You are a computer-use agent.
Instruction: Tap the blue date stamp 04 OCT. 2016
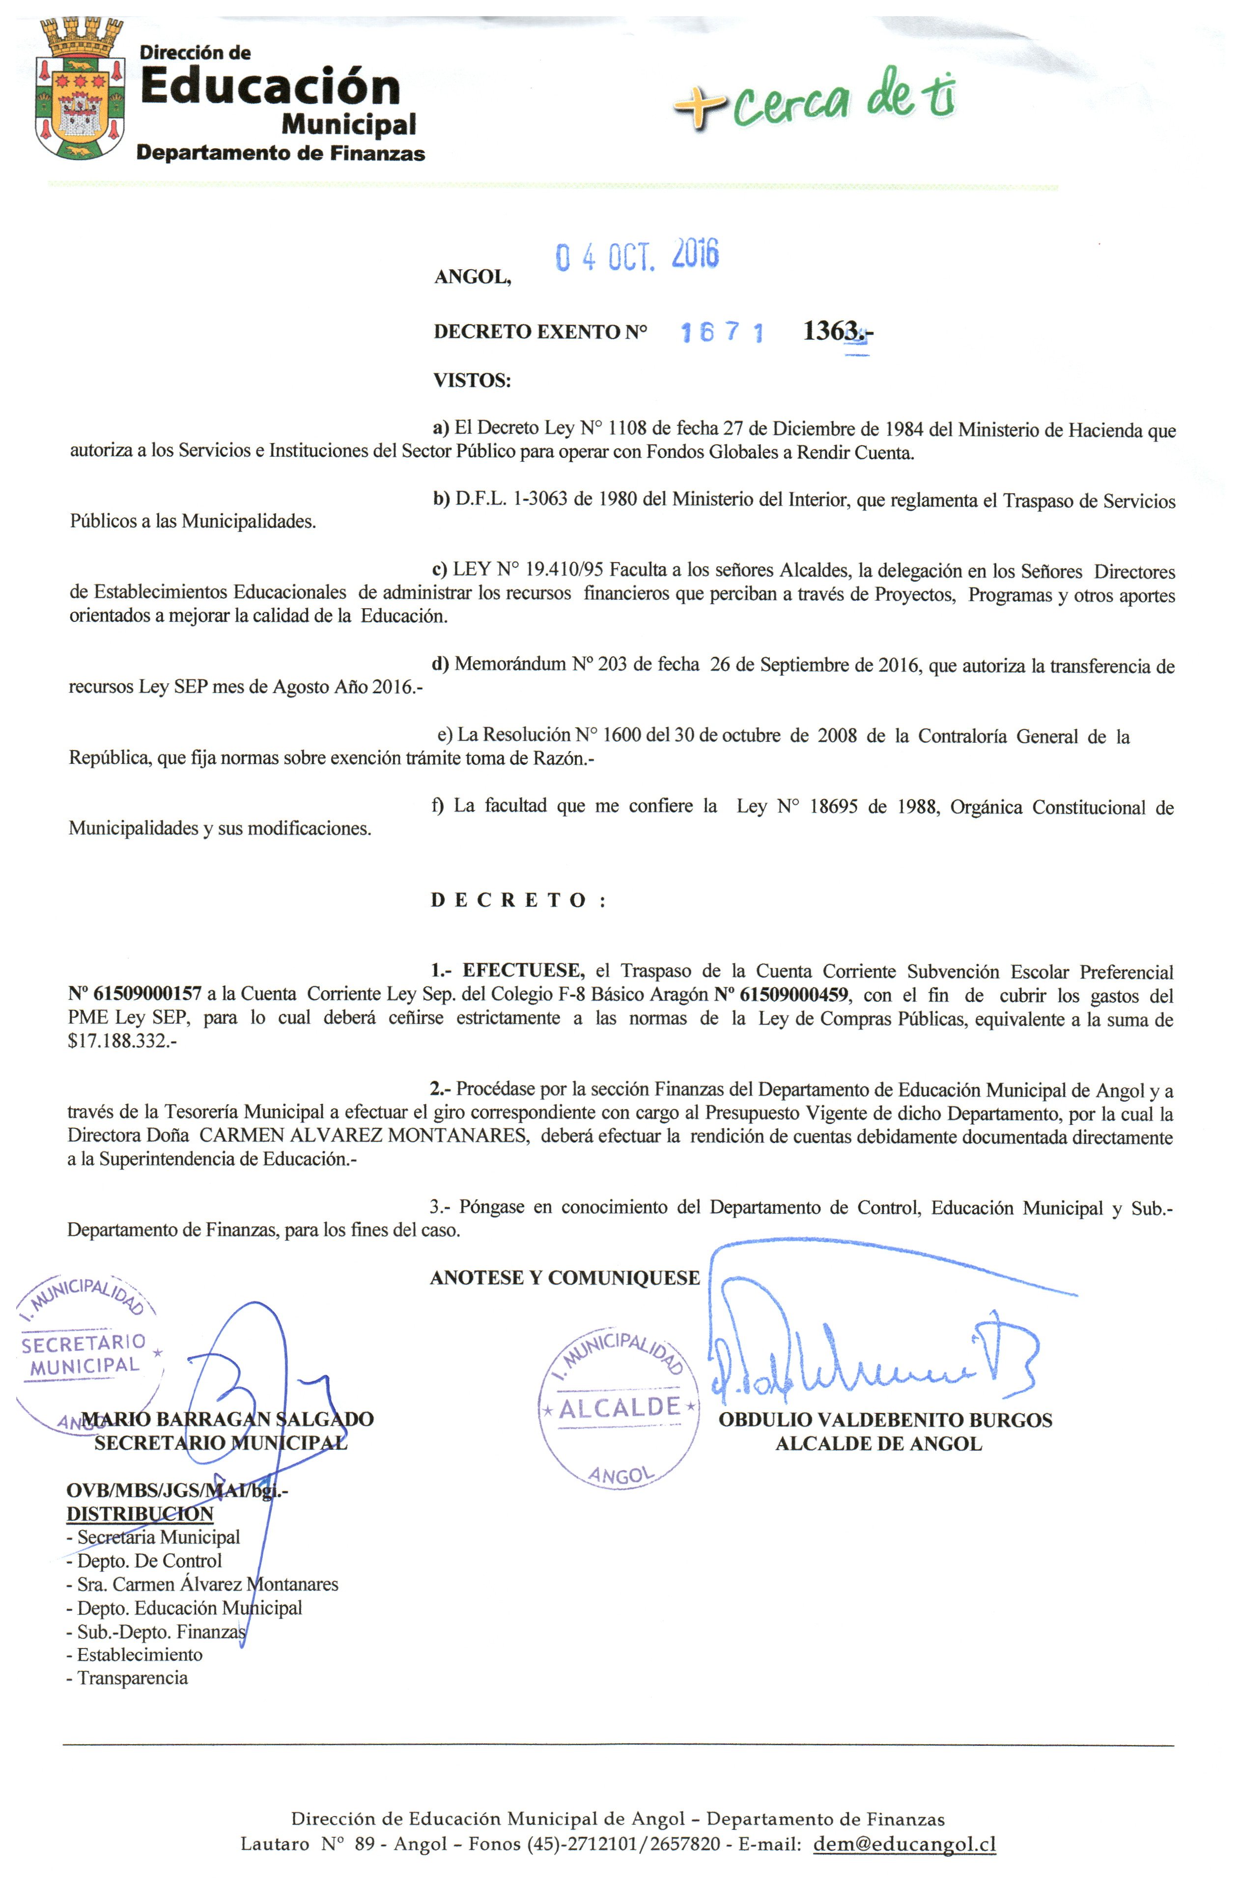pyautogui.click(x=637, y=255)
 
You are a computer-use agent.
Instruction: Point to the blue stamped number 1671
pyautogui.click(x=721, y=333)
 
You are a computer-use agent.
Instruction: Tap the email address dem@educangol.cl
pyautogui.click(x=903, y=1844)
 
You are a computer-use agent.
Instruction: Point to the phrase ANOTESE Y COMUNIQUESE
pyautogui.click(x=564, y=1278)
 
